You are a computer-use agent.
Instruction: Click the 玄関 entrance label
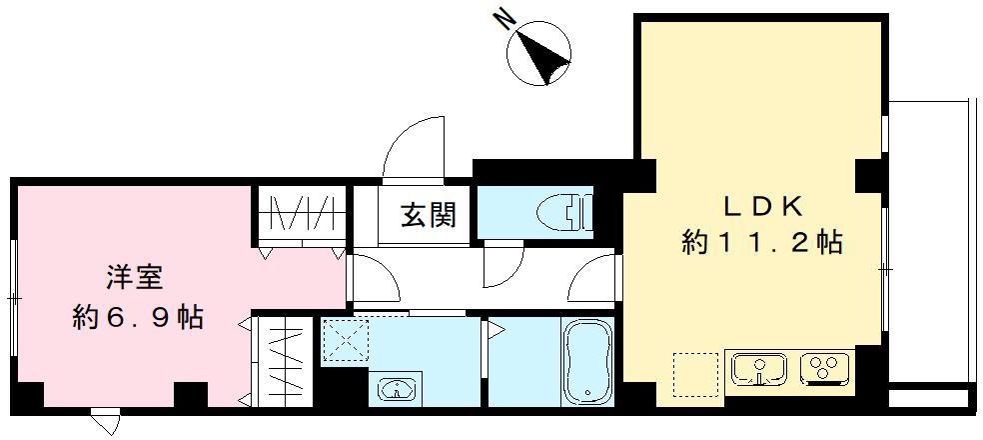click(430, 215)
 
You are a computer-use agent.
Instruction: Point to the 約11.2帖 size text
click(762, 243)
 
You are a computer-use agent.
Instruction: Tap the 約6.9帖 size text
click(139, 318)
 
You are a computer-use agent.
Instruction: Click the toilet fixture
click(564, 213)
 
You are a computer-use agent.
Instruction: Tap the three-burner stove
click(824, 370)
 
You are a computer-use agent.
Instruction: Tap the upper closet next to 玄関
click(299, 214)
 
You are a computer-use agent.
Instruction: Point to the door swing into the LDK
click(595, 278)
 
